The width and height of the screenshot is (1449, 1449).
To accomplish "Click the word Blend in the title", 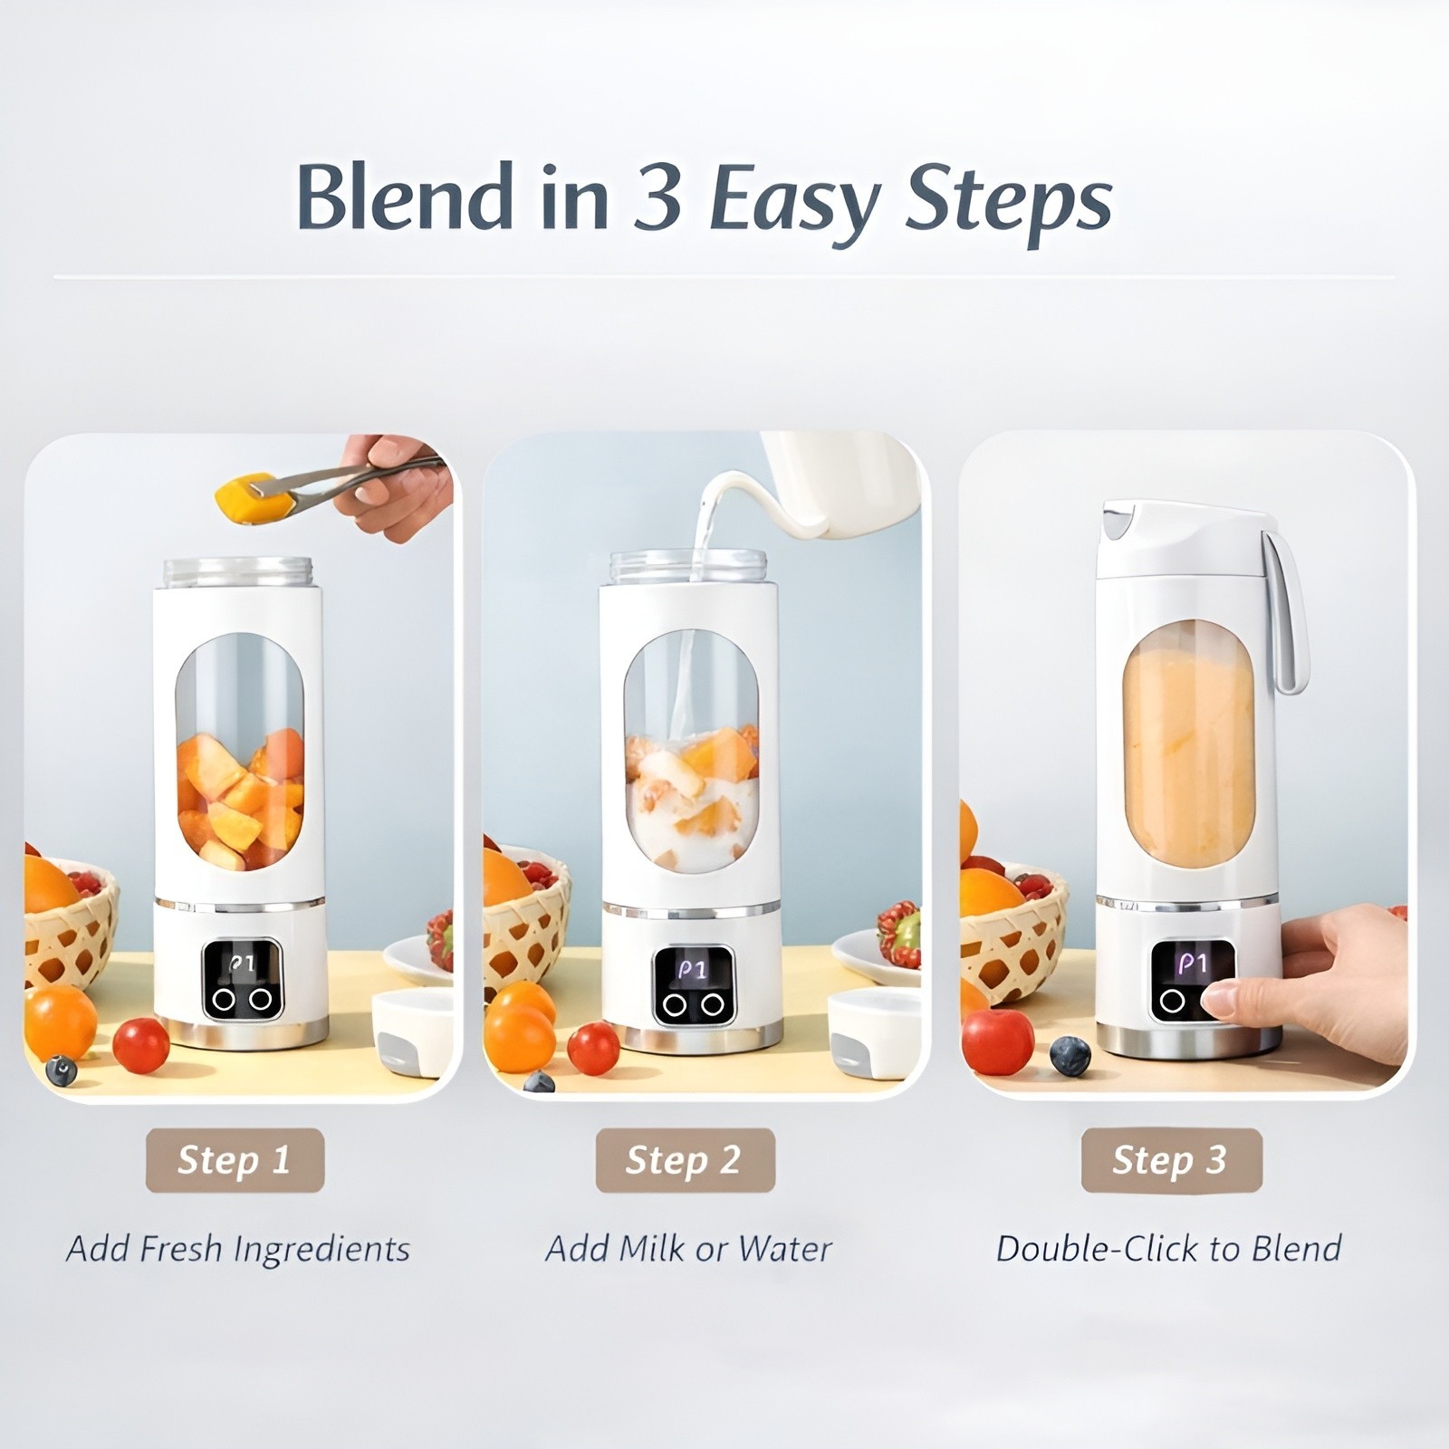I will point(405,197).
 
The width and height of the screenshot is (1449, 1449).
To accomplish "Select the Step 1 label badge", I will point(235,1160).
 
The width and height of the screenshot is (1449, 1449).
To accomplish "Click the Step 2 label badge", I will point(685,1160).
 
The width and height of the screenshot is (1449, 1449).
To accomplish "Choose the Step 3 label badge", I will point(1170,1160).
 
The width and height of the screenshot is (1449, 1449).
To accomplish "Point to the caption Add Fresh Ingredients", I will point(238,1249).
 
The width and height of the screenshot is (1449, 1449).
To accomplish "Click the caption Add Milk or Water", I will point(688,1249).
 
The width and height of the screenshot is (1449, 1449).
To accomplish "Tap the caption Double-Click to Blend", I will point(1168,1249).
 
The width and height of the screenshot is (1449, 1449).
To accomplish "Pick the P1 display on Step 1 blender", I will point(242,964).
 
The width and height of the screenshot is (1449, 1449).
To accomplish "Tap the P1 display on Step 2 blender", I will point(693,969).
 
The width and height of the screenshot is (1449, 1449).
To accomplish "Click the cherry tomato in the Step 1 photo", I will point(140,1044).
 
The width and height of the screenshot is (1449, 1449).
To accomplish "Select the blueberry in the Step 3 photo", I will point(1070,1056).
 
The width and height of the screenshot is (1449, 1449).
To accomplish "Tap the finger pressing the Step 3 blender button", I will point(1223,1001).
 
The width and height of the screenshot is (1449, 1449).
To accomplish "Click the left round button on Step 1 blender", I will point(223,1000).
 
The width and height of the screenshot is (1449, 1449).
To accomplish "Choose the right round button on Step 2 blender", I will point(713,1003).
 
